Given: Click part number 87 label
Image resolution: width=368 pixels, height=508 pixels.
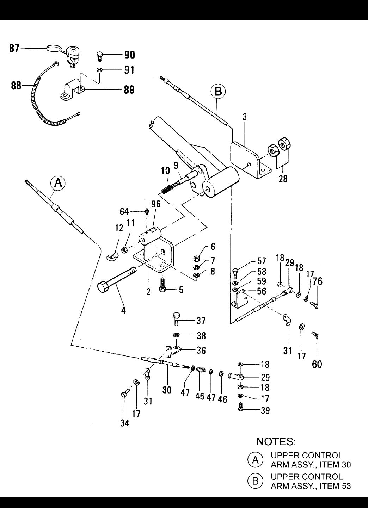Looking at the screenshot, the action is [x=14, y=48].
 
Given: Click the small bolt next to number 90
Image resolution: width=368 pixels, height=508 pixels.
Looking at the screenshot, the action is [x=99, y=56].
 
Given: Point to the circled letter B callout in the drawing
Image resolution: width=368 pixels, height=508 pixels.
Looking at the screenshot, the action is [x=218, y=92].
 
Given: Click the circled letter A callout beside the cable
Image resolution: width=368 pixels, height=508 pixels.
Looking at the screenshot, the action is [x=58, y=182].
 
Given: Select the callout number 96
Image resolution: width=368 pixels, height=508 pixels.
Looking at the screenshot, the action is [x=156, y=204].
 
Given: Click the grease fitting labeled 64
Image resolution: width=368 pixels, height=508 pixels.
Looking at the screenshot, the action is [x=147, y=211].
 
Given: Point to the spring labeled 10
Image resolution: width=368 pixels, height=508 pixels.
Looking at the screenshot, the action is [x=170, y=188].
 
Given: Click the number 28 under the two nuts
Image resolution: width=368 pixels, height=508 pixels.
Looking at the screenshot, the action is [x=283, y=179].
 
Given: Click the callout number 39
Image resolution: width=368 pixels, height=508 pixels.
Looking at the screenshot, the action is [x=265, y=410].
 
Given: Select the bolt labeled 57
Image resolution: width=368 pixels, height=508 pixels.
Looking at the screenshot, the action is [x=235, y=273].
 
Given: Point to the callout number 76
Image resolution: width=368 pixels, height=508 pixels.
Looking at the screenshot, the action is [x=317, y=281].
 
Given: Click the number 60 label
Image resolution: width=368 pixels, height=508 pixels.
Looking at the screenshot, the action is [x=317, y=365].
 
